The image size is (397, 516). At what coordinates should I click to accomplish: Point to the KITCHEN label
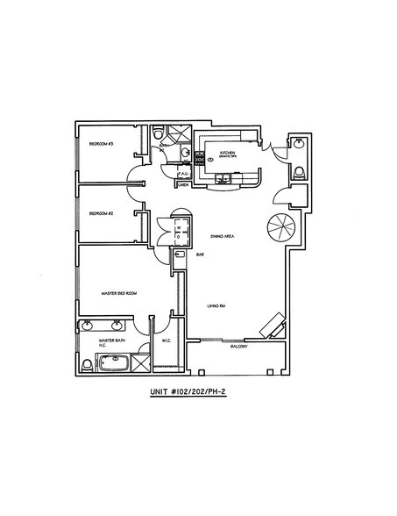pyautogui.click(x=228, y=152)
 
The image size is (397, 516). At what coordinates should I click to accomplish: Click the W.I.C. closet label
pyautogui.click(x=166, y=342)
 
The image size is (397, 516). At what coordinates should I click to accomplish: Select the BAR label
pyautogui.click(x=200, y=254)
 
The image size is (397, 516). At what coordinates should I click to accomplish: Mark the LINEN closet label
pyautogui.click(x=184, y=185)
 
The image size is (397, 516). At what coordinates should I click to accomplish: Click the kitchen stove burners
pyautogui.click(x=199, y=159)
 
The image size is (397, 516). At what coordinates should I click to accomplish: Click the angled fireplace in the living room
pyautogui.click(x=272, y=325)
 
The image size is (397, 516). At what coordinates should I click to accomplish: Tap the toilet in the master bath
pyautogui.click(x=86, y=363)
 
